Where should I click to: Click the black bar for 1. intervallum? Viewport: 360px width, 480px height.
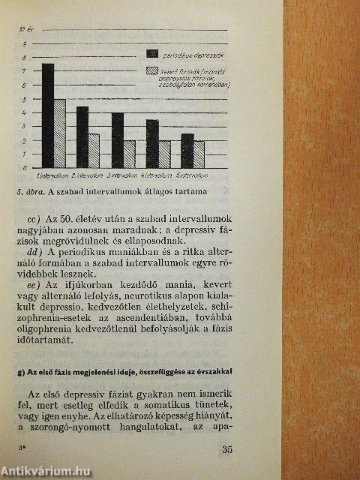click(48, 115)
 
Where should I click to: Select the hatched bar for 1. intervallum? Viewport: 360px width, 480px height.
click(60, 133)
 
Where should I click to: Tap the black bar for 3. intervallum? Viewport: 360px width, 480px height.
click(118, 140)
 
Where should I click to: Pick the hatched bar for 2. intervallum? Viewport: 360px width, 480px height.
click(94, 151)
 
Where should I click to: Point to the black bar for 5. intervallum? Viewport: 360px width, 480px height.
click(187, 151)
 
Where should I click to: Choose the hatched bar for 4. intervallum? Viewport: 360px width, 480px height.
click(164, 154)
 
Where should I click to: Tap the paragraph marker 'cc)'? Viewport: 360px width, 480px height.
click(35, 217)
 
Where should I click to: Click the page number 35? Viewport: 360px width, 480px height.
click(229, 450)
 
